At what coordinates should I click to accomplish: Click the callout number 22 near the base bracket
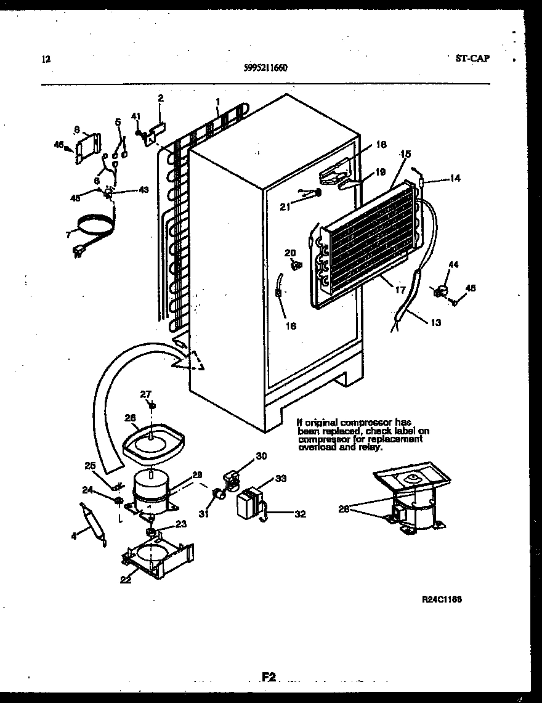(126, 580)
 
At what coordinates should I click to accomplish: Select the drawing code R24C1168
(442, 599)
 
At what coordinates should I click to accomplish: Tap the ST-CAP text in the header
(472, 59)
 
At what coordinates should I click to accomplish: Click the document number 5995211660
(265, 68)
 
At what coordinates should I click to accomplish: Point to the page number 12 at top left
(46, 60)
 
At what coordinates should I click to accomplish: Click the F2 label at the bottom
(269, 677)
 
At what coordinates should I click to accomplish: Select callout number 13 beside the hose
(435, 322)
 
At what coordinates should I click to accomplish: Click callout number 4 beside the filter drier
(74, 536)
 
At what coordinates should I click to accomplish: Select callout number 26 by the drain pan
(129, 418)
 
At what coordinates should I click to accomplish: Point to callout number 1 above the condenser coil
(218, 102)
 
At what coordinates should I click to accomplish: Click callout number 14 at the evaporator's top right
(455, 179)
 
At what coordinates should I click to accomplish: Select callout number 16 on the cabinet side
(290, 325)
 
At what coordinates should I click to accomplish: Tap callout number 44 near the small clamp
(453, 264)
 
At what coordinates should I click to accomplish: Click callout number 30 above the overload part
(261, 457)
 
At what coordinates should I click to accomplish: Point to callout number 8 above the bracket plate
(77, 129)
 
